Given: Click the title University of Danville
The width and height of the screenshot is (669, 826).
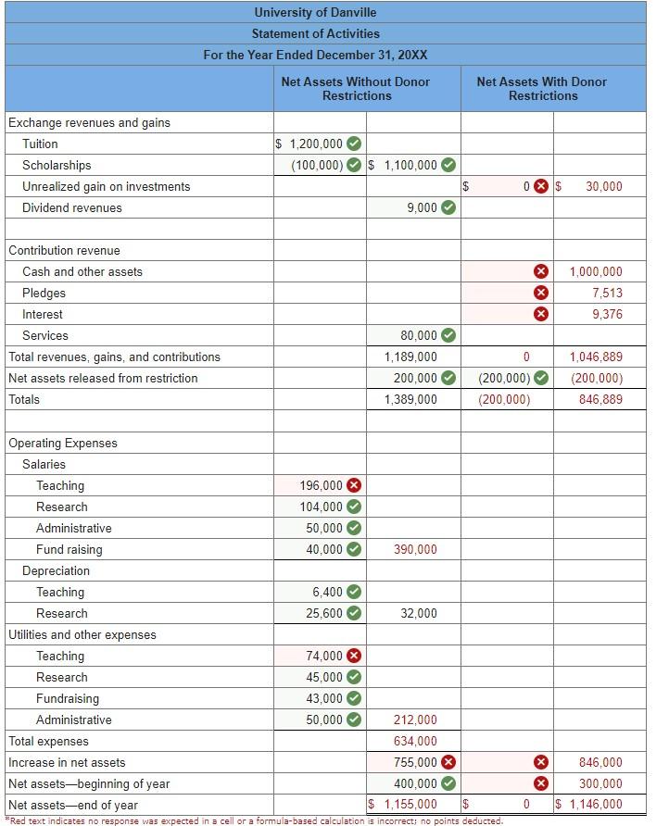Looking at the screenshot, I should (316, 12).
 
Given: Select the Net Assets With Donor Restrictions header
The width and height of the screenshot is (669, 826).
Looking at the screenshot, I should (542, 89).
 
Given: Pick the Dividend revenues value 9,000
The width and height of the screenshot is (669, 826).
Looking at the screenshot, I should (422, 207).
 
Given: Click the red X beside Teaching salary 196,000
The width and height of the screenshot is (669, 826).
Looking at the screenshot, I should (354, 485).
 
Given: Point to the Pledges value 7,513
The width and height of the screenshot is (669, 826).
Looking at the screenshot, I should (607, 293).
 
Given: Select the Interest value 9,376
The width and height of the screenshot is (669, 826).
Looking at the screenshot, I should (607, 314).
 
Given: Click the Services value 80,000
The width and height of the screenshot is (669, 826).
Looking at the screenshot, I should (419, 335).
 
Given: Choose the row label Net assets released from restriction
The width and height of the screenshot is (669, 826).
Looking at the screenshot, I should (103, 378).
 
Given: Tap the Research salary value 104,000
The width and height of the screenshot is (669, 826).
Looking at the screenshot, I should (321, 507).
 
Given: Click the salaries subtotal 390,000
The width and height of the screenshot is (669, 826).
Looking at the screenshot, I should (415, 549).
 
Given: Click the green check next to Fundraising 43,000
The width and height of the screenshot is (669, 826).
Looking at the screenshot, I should (354, 698).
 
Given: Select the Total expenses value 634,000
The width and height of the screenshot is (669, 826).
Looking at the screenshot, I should (415, 741).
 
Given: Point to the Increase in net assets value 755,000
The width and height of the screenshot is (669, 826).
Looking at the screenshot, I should (415, 762).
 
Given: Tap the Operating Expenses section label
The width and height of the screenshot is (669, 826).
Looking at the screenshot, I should (63, 443).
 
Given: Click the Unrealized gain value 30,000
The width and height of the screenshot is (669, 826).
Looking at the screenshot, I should (604, 186).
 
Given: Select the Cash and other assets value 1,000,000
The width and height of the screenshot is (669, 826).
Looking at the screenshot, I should (596, 271).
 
